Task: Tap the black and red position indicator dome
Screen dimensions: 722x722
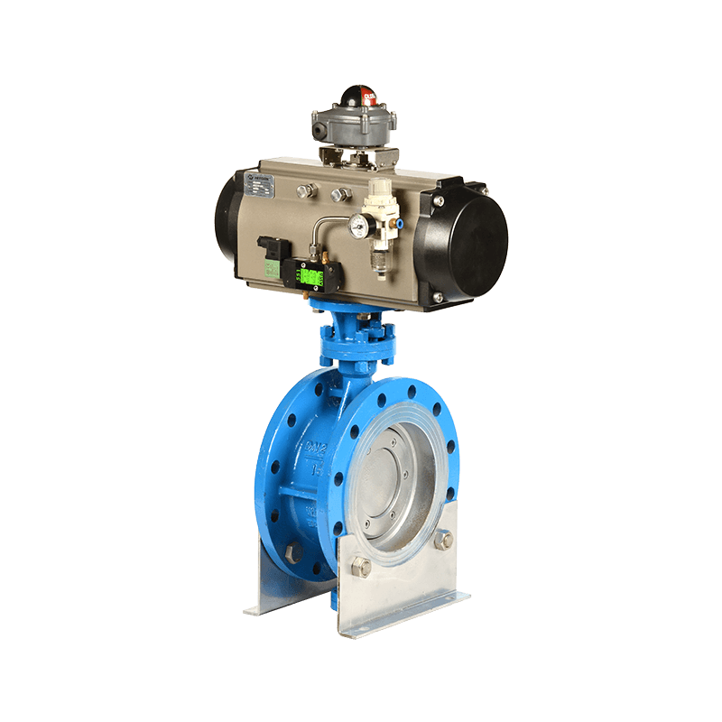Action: coord(358,97)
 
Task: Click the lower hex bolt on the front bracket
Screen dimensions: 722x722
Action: coord(359,567)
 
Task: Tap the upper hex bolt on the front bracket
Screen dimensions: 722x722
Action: coord(444,539)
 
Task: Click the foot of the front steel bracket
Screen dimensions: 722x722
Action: coord(406,614)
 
